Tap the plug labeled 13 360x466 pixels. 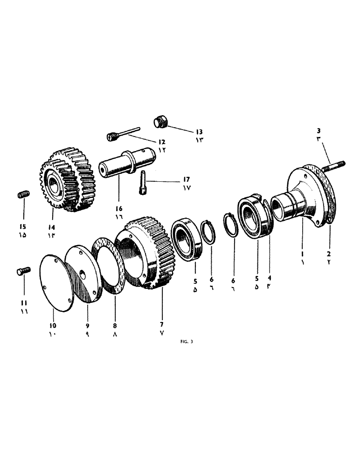pyautogui.click(x=161, y=122)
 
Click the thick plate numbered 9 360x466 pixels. pyautogui.click(x=84, y=273)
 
